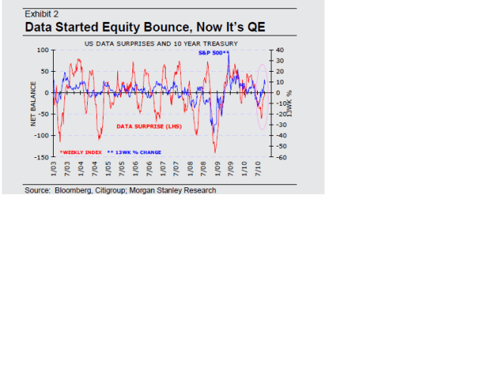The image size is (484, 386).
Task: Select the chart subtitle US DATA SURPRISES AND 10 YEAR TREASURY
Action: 160,44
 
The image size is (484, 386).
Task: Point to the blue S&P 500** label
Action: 213,53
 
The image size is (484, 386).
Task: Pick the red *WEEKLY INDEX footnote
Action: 81,152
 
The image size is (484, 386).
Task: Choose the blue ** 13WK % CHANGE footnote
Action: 134,152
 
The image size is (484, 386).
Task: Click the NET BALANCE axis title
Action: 34,104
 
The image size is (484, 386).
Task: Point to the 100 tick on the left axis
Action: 42,50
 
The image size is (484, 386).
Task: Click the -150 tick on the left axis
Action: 41,157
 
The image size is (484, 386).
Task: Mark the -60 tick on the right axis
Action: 281,157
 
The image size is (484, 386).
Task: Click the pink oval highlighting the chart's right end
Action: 262,96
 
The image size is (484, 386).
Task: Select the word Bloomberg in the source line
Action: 73,190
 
